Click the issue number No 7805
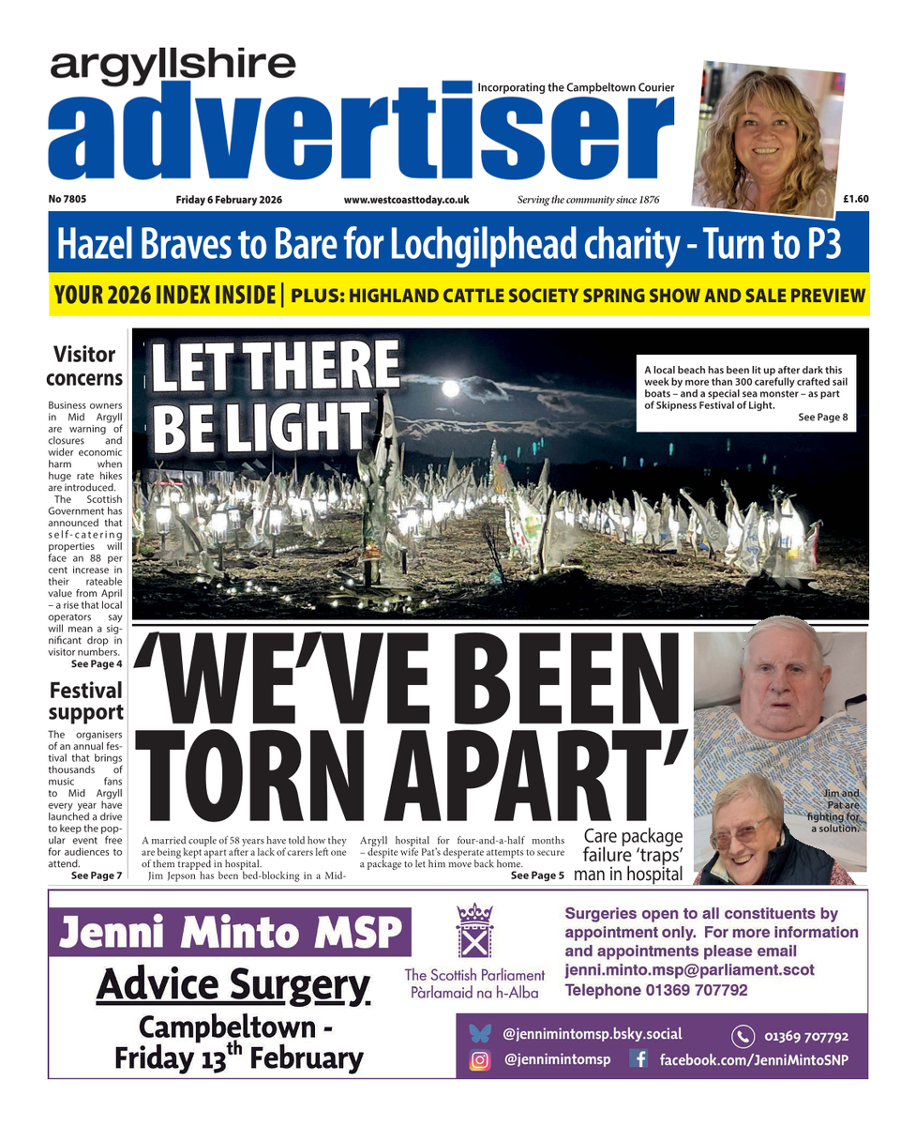pyautogui.click(x=67, y=199)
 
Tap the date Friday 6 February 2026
pyautogui.click(x=229, y=200)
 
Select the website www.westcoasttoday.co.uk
pyautogui.click(x=406, y=200)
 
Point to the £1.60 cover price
pyautogui.click(x=855, y=199)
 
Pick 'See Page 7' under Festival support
pyautogui.click(x=96, y=875)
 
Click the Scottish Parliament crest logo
pyautogui.click(x=473, y=929)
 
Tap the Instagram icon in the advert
pyautogui.click(x=480, y=1060)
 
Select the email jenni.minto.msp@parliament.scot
pyautogui.click(x=689, y=969)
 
